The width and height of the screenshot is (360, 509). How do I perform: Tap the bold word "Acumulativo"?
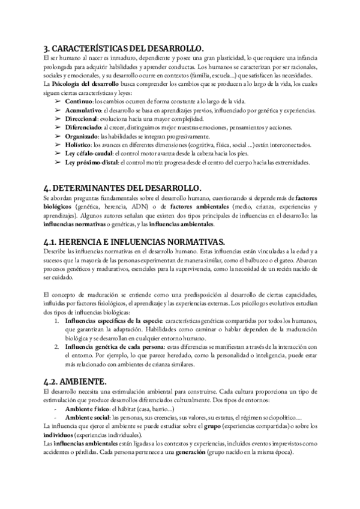84,112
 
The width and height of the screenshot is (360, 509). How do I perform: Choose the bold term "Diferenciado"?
84,128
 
